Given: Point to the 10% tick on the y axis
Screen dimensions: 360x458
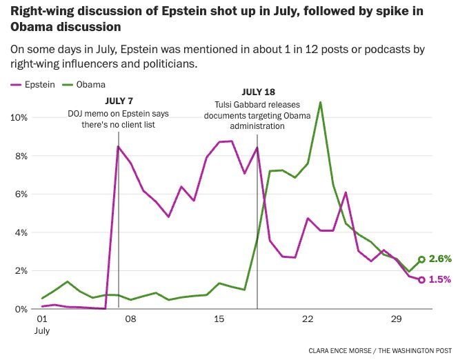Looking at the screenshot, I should (x=18, y=117).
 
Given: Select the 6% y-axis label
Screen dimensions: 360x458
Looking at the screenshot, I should (x=21, y=194).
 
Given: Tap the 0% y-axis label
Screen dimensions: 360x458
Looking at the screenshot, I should (x=21, y=309).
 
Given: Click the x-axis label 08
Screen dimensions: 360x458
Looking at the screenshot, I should (x=130, y=319).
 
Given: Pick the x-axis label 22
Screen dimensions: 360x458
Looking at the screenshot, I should (x=308, y=319).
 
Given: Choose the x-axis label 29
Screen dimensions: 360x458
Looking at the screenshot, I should (x=396, y=319).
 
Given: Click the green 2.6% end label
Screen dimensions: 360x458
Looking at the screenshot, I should (x=439, y=259).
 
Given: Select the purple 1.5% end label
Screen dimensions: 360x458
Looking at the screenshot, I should (x=439, y=279).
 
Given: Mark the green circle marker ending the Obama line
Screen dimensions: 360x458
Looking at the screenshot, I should (x=421, y=259).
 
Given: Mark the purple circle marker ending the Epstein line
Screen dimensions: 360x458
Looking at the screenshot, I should (x=421, y=279).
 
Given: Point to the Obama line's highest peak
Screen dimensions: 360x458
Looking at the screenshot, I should (x=320, y=102).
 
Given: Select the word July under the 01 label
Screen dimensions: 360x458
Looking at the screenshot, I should (x=43, y=330).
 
